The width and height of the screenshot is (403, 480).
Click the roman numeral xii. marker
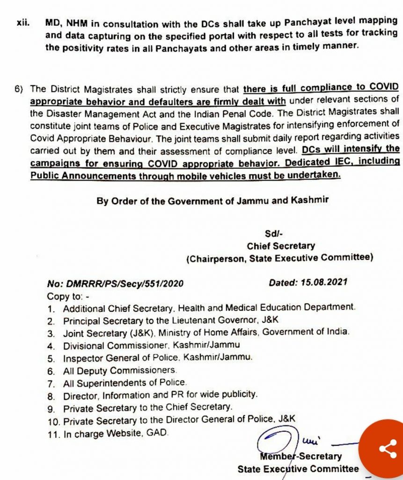[22, 22]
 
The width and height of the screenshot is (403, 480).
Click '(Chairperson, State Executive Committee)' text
[279, 257]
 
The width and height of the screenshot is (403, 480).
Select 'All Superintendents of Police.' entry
[125, 382]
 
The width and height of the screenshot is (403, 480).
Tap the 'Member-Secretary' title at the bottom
[300, 456]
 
